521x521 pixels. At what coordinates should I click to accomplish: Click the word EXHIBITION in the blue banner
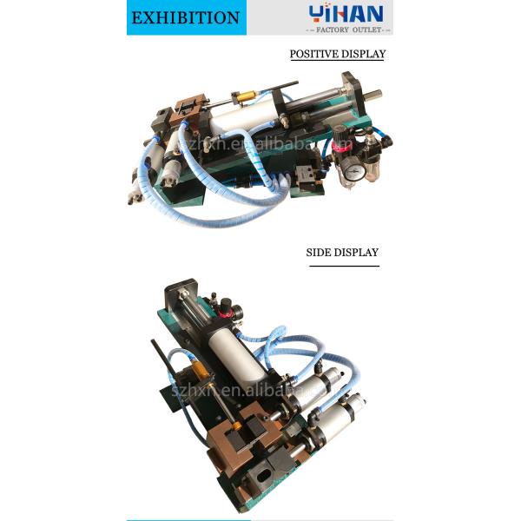click(x=185, y=17)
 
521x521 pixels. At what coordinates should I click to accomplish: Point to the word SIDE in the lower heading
click(x=319, y=253)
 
